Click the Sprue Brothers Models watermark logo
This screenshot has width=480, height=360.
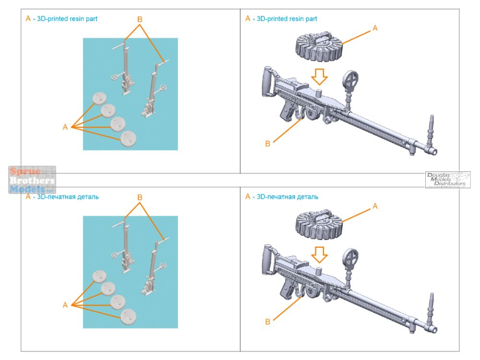pyautogui.click(x=32, y=180)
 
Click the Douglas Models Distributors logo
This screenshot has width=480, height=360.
pyautogui.click(x=447, y=180)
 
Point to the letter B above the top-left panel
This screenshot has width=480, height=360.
pyautogui.click(x=140, y=19)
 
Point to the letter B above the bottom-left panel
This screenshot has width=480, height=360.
pyautogui.click(x=140, y=197)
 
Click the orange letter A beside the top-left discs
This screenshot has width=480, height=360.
pyautogui.click(x=65, y=127)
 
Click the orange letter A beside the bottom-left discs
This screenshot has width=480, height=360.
pyautogui.click(x=65, y=305)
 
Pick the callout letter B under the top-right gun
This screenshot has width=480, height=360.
pyautogui.click(x=268, y=144)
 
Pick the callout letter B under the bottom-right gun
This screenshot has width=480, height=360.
pyautogui.click(x=268, y=321)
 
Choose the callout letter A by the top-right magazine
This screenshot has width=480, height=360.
pyautogui.click(x=375, y=28)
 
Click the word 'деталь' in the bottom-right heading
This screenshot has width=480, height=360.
pyautogui.click(x=308, y=197)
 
